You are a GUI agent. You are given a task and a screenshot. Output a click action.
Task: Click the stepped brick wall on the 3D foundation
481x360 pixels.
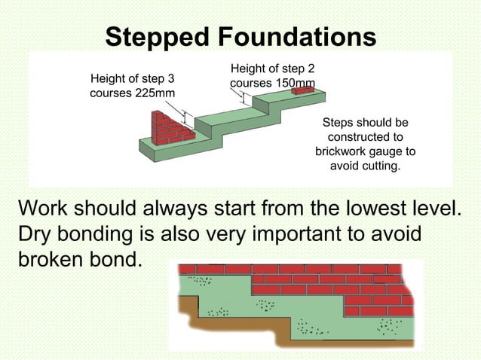pos(171,129)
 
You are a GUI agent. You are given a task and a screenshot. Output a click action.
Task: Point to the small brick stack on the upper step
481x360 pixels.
pos(302,91)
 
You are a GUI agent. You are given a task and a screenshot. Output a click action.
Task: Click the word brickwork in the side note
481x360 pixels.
pos(345,151)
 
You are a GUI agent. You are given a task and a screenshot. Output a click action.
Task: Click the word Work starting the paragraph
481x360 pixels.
pos(44,208)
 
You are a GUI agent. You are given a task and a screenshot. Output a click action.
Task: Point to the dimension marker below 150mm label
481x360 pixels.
pos(244,97)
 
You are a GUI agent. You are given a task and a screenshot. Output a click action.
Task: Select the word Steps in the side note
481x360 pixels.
pos(338,122)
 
